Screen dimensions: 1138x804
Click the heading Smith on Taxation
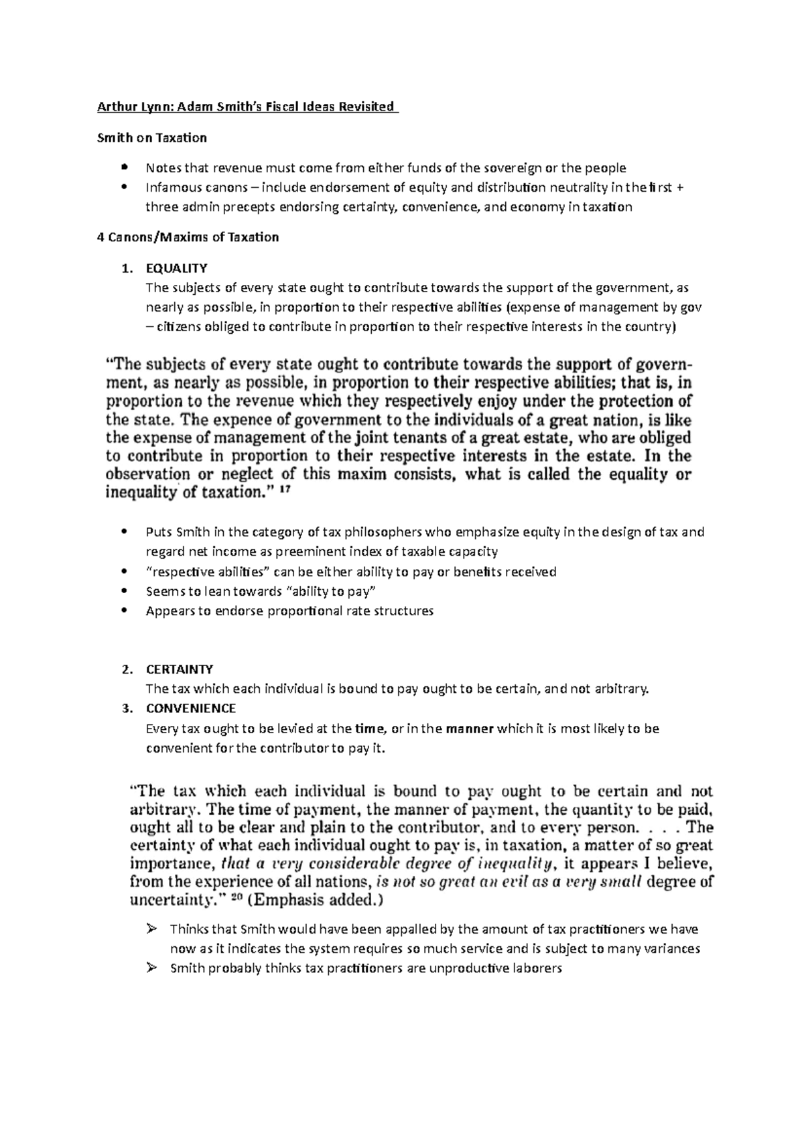coord(152,138)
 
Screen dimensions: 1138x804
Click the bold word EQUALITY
coord(176,268)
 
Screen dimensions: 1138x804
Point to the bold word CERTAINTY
coord(179,669)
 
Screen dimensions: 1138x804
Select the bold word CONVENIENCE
coord(190,708)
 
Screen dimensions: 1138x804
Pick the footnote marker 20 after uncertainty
coord(237,899)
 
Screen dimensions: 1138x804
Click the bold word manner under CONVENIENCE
coord(469,729)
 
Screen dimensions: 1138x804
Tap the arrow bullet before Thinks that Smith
coord(151,929)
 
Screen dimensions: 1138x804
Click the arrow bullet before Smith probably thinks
coord(151,968)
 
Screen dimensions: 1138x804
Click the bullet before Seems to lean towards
coord(125,591)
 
